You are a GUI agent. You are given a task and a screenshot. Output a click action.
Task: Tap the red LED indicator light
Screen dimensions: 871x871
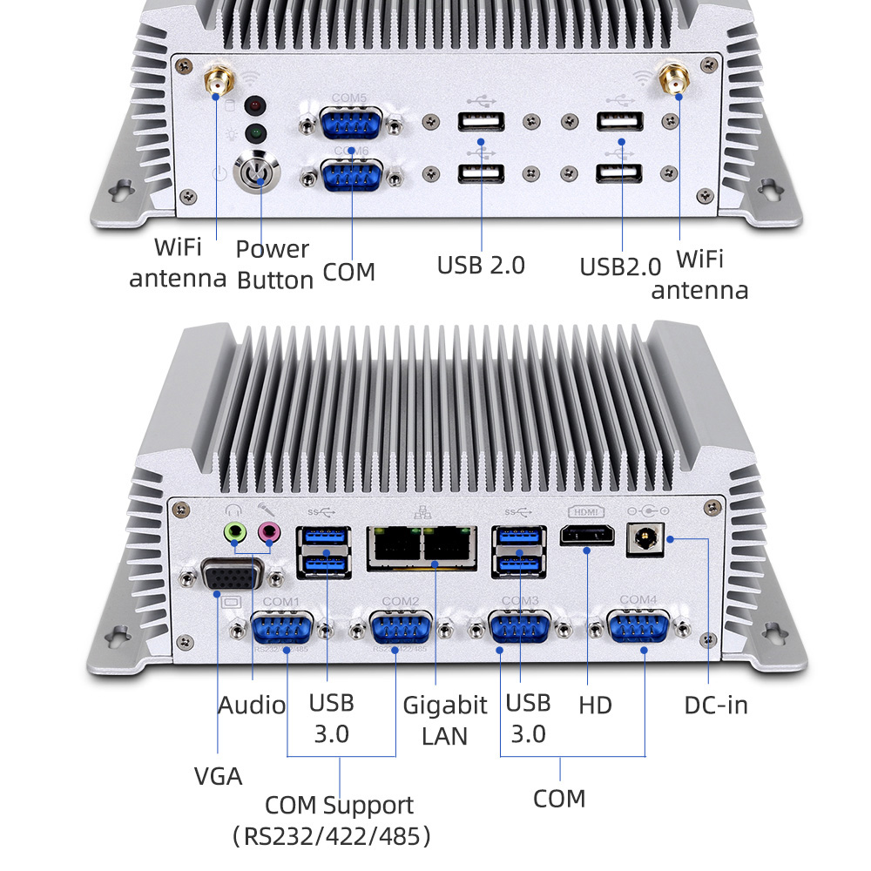tap(255, 106)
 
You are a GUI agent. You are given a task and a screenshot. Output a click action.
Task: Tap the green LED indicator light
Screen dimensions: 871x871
tap(255, 134)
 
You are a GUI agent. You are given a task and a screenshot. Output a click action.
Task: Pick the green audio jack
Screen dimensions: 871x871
tap(233, 531)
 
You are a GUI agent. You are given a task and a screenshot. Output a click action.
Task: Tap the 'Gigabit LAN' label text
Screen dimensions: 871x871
tap(444, 719)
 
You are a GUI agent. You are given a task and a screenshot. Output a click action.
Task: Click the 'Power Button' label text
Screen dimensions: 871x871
tap(273, 264)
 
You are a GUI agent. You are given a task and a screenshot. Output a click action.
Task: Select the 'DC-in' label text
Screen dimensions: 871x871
tap(715, 704)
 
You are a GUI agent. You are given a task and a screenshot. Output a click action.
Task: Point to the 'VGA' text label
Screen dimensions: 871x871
tap(218, 775)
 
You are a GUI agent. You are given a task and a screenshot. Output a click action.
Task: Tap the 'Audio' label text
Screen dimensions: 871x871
tap(251, 705)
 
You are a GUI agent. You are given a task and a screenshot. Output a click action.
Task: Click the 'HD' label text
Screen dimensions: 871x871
tap(595, 704)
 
